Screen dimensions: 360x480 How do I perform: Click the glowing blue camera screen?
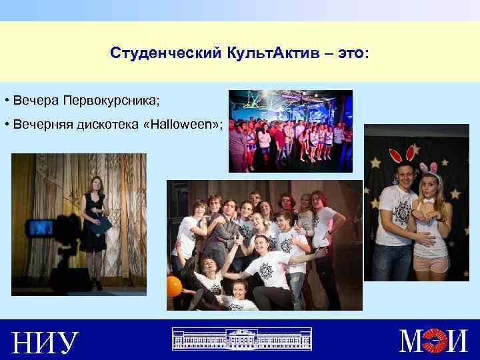[x=41, y=228]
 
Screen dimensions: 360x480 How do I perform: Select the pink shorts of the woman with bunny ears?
[x=431, y=263]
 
